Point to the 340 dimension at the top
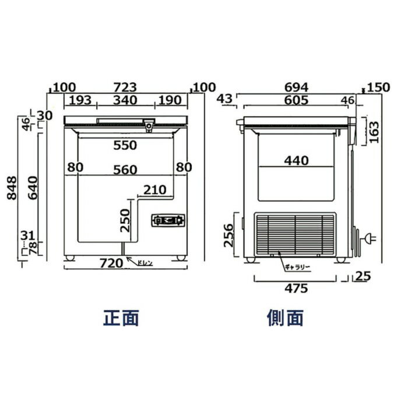point(125,100)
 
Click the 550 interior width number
point(125,145)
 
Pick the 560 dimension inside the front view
point(125,170)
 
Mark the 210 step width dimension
point(154,190)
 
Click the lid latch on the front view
point(150,125)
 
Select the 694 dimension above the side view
point(297,87)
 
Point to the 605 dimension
point(297,100)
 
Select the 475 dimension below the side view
point(296,288)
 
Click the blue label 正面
point(122,318)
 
